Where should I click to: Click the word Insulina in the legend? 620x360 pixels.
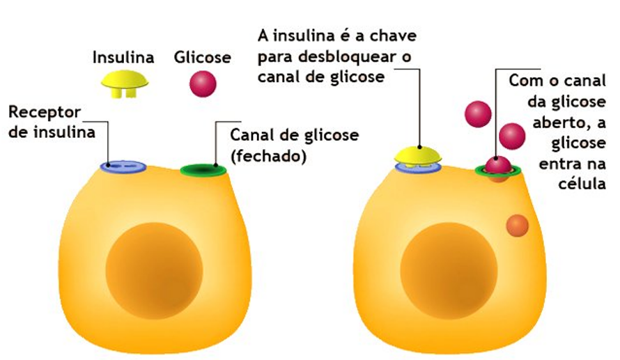click(x=124, y=56)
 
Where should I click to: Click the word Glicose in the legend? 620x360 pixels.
click(x=202, y=56)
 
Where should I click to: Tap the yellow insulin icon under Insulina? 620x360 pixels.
click(x=125, y=81)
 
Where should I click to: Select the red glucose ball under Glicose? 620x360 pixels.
click(x=203, y=84)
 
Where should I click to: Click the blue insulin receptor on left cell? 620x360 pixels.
click(x=123, y=166)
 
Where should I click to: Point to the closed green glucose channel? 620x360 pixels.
click(x=203, y=169)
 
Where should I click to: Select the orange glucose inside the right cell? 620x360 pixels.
click(x=517, y=225)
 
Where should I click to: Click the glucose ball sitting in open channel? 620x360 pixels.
click(x=497, y=165)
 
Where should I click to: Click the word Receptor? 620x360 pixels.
click(x=45, y=113)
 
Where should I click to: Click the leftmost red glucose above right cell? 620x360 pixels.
click(x=478, y=114)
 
